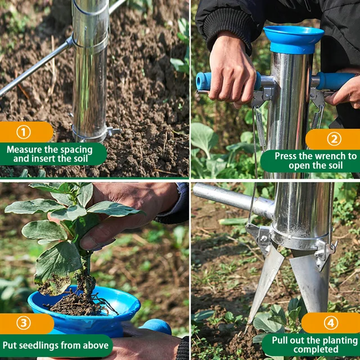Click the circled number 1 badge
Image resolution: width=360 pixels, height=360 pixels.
click(23, 132)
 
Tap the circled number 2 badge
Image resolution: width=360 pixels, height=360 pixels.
click(334, 139)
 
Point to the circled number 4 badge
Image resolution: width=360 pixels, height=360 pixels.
click(331, 323)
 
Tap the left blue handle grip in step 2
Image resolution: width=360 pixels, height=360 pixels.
click(205, 81)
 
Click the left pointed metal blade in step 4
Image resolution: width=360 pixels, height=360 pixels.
click(264, 281)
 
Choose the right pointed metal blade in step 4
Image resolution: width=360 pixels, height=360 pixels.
click(309, 281)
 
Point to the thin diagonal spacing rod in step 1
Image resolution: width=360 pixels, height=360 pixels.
click(34, 67)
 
